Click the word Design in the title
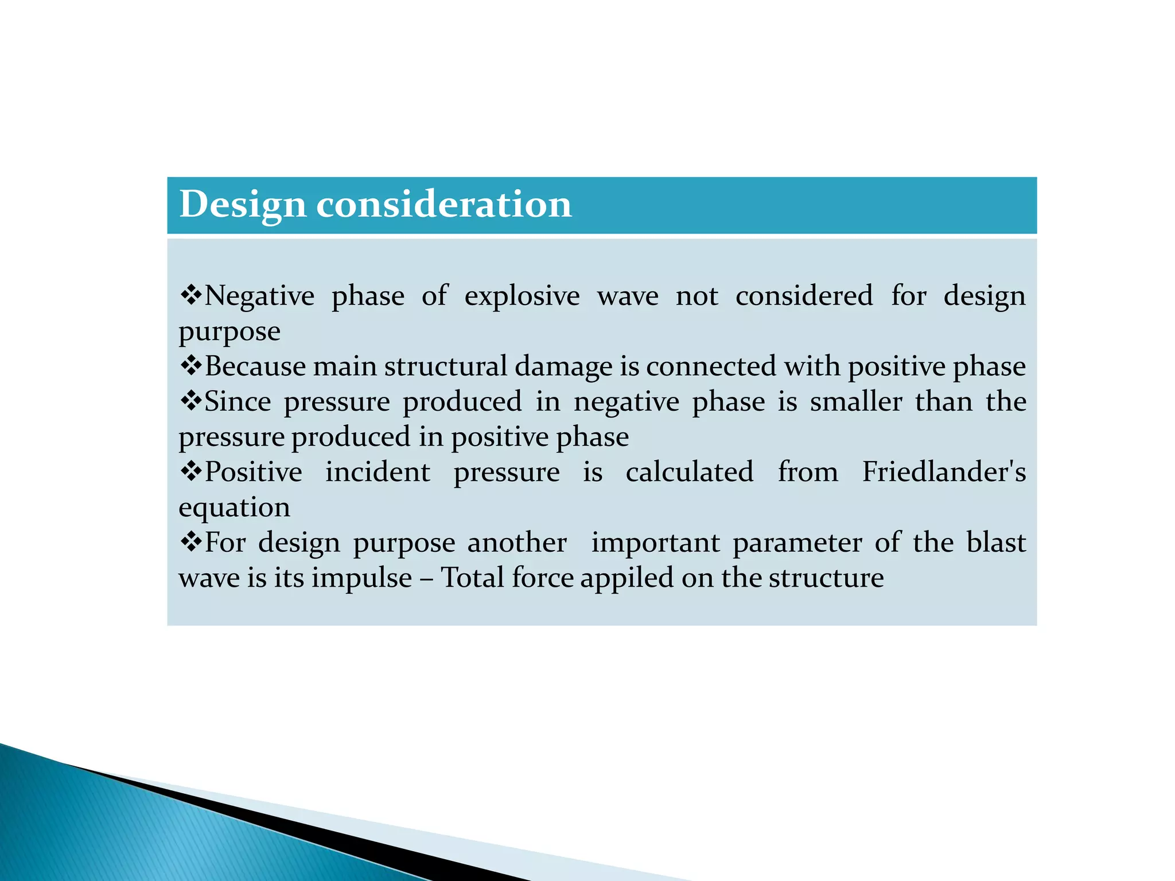(242, 205)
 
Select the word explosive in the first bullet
(522, 297)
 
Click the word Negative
(259, 297)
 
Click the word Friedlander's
(944, 472)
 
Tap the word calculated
(689, 472)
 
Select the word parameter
(797, 543)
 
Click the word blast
(996, 543)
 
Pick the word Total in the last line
(472, 578)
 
